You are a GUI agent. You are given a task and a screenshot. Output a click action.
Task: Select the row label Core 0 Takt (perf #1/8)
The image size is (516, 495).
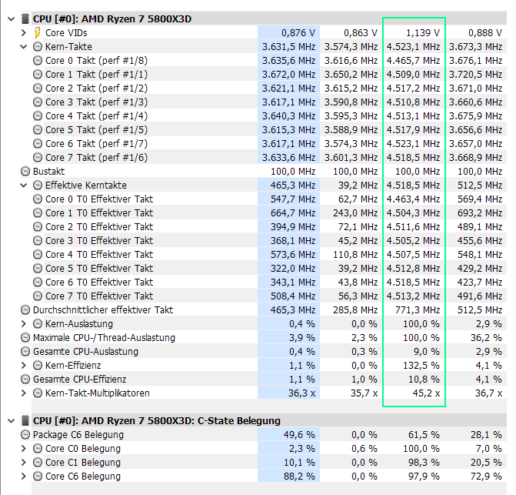(95, 61)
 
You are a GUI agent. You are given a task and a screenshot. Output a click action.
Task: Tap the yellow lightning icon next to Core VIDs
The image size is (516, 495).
(38, 33)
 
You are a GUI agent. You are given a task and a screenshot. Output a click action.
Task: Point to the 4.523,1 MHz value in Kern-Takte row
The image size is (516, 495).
(416, 47)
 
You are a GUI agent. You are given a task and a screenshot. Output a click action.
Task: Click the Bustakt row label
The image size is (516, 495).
(48, 172)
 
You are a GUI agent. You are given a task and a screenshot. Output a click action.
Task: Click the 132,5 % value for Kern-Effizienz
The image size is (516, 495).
(422, 366)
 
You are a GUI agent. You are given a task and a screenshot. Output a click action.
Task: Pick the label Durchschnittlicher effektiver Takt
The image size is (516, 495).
(102, 310)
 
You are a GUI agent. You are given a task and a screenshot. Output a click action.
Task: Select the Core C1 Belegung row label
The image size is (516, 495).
(82, 463)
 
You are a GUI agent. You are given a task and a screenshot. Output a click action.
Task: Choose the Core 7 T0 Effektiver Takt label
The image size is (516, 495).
(98, 296)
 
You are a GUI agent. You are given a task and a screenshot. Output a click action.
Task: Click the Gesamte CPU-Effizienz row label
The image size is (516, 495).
(79, 380)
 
